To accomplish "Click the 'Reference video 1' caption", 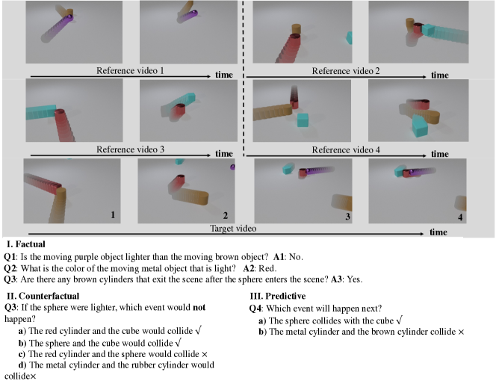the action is tap(130, 70).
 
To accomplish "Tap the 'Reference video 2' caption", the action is tap(346, 71).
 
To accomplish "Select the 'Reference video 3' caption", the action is tap(130, 149).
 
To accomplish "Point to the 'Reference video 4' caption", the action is tap(346, 149).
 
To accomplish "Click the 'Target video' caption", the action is tap(233, 229).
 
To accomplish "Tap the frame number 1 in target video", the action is tap(113, 215).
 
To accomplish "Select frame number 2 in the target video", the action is tap(226, 216).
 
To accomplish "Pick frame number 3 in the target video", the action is tap(347, 217).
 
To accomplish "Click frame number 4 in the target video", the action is tap(460, 217).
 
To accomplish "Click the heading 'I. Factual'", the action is tap(26, 244).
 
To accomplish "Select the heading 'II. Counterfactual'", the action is tap(43, 296).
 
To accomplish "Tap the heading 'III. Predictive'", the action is tap(278, 296).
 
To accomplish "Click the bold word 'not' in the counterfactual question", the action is tap(199, 308).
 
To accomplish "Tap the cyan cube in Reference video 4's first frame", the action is tap(303, 120).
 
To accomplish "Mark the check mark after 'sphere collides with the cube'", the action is tap(399, 320).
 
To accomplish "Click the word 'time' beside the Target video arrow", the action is tap(438, 232).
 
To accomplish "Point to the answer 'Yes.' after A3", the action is tap(355, 279).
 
